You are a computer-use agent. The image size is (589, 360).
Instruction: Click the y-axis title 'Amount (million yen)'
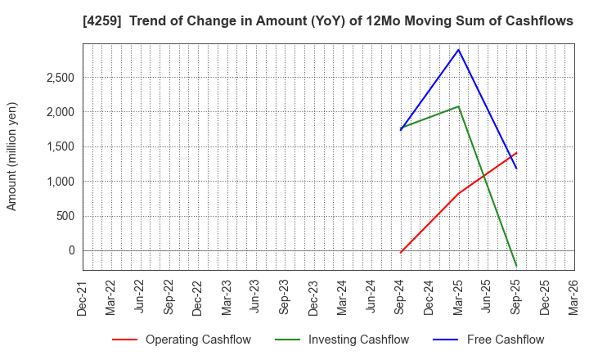(12, 156)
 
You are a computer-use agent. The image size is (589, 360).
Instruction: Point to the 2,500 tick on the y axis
(58, 78)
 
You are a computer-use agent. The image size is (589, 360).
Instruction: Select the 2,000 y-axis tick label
(58, 112)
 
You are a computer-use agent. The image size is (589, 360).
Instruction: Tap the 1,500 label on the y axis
(58, 146)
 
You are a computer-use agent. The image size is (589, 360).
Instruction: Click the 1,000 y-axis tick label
(58, 182)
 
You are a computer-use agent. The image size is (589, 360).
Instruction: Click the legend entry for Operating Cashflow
(181, 340)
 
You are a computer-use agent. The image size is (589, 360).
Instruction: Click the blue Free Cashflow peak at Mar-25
(459, 49)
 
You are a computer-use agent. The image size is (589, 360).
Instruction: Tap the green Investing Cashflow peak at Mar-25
(459, 106)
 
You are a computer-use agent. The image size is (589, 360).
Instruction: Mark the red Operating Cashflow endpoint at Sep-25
(516, 152)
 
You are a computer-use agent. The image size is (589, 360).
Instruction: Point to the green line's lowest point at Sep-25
(516, 266)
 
